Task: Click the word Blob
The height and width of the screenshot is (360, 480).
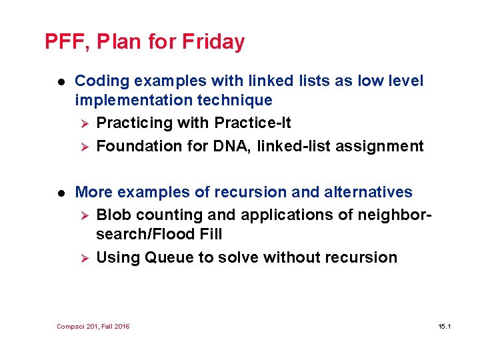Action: tap(114, 215)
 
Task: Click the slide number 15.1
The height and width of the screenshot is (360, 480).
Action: tap(445, 326)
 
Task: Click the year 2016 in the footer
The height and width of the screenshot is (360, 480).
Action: tap(123, 326)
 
